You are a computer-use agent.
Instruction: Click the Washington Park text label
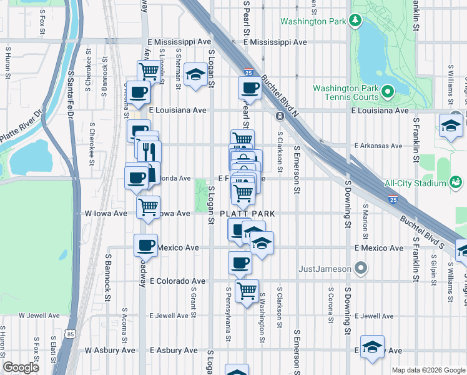pos(313,21)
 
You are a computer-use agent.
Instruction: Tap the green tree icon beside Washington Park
pos(356,21)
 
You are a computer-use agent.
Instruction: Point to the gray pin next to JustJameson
pos(360,269)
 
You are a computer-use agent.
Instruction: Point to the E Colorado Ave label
pos(177,281)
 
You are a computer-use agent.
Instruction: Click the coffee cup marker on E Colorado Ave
pos(240,262)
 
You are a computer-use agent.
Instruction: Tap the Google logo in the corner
pos(21,367)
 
